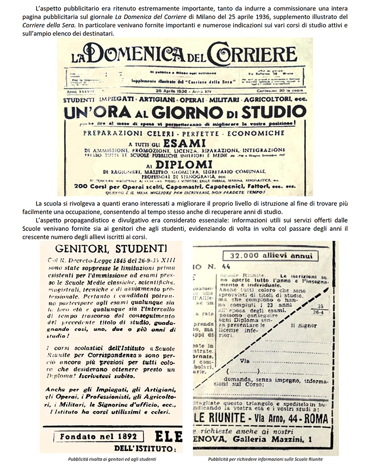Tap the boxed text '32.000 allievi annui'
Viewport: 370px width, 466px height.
(x=267, y=255)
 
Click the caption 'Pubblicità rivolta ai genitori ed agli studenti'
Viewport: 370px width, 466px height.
(x=110, y=459)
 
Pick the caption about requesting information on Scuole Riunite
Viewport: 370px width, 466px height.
(x=265, y=459)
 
